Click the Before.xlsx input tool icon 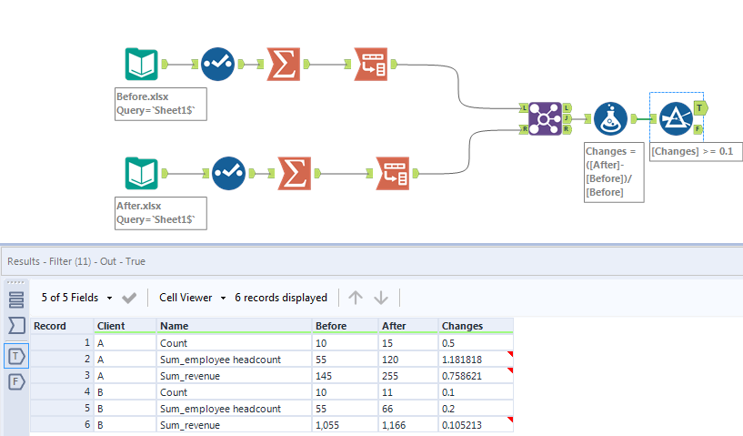pos(141,64)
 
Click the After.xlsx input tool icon pos(141,173)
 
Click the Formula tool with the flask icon pos(610,119)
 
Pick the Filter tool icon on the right pos(676,119)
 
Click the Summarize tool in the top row pos(284,64)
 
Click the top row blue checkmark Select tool pos(217,64)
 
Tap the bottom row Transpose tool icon pos(393,173)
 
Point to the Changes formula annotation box pos(614,171)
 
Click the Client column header pos(111,325)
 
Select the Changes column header pos(462,325)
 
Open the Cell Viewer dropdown pos(192,298)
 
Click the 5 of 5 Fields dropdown pos(77,298)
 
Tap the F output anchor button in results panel pos(16,382)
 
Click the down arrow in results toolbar pos(381,298)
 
